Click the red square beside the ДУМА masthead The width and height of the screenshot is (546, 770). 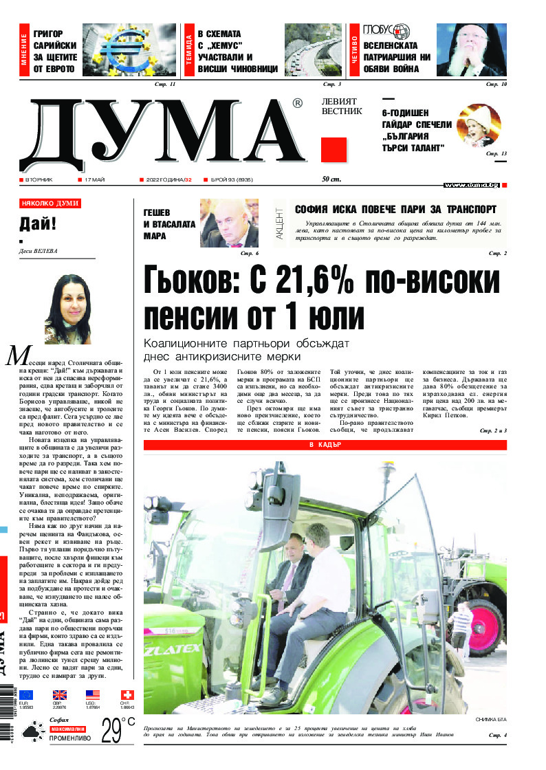pos(334,150)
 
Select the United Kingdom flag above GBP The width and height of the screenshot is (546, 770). pos(60,695)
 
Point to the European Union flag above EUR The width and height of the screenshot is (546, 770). pos(26,695)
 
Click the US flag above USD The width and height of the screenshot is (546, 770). pos(93,695)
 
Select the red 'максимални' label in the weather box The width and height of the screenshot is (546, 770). pos(67,729)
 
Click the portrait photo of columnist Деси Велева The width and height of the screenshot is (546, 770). pos(67,309)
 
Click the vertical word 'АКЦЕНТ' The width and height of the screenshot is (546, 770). pos(279,224)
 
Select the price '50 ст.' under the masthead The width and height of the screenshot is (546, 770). pos(331,179)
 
